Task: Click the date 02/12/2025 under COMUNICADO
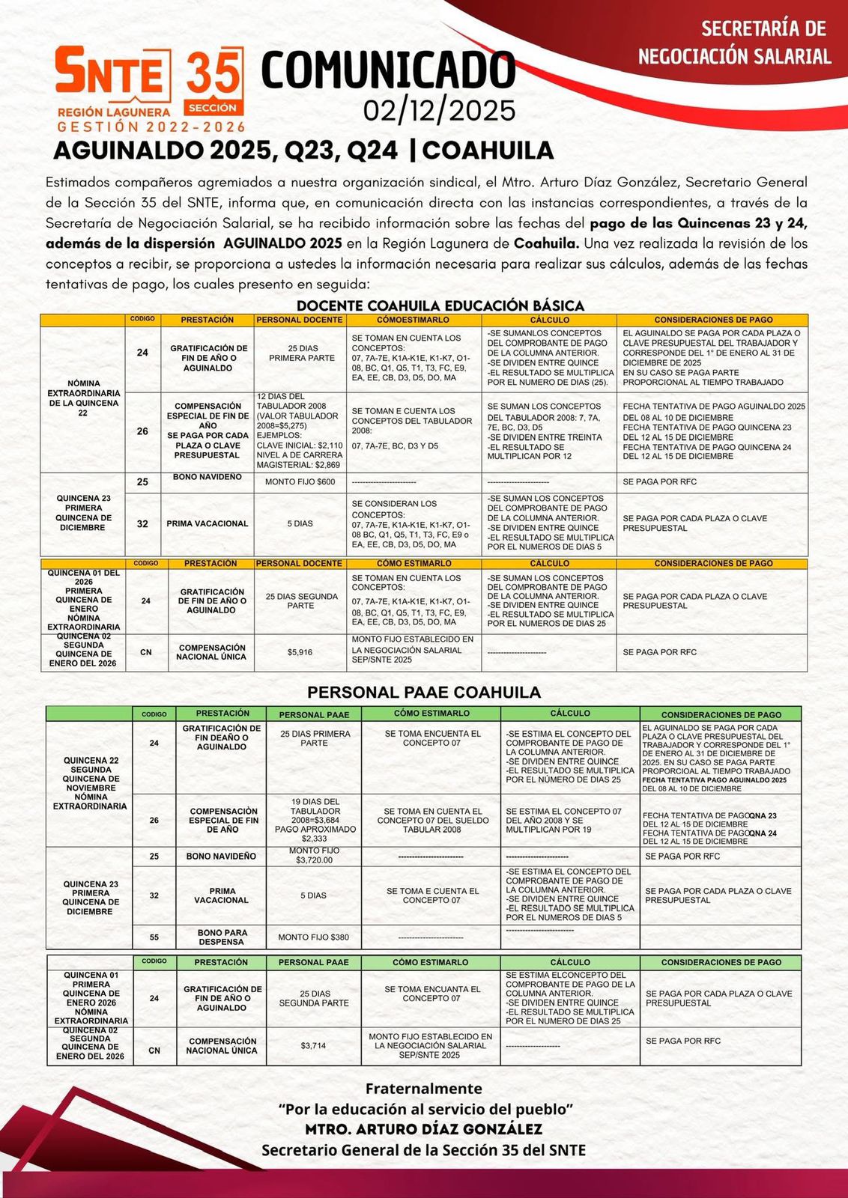[x=440, y=111]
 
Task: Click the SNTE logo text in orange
[x=110, y=73]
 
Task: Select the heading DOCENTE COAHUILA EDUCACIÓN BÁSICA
[x=440, y=305]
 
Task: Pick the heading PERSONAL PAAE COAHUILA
[x=424, y=692]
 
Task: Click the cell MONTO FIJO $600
[x=300, y=481]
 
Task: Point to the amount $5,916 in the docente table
[x=300, y=652]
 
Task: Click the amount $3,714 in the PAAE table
[x=313, y=1045]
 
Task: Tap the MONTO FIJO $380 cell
[x=313, y=937]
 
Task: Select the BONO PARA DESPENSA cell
[x=221, y=937]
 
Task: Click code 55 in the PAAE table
[x=154, y=937]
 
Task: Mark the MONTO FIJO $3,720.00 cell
[x=314, y=856]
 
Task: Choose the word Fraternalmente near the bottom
[x=424, y=1089]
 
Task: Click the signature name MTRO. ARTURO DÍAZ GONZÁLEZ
[x=424, y=1128]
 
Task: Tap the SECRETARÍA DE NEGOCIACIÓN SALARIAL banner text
[x=734, y=43]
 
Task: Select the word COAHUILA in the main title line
[x=488, y=150]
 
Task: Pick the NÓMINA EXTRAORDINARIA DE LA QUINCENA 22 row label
[x=83, y=398]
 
